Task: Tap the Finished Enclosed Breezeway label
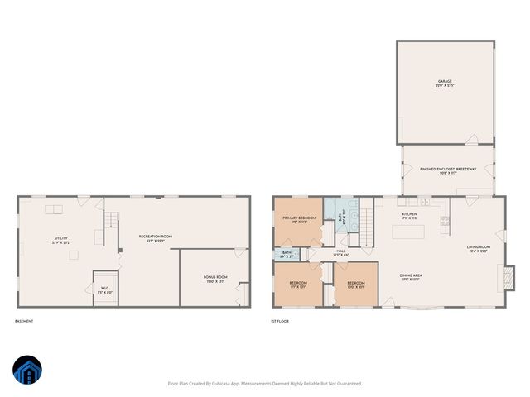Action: [447, 170]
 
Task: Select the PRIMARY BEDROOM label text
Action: [299, 220]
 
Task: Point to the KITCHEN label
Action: [409, 217]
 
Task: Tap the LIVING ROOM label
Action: [479, 249]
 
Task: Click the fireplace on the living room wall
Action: [508, 276]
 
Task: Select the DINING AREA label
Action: [412, 277]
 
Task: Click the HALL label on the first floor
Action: [340, 252]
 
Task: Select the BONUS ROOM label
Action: [215, 279]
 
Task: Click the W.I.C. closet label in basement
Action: [105, 290]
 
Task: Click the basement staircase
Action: [108, 221]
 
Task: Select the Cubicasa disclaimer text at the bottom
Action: [265, 383]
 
